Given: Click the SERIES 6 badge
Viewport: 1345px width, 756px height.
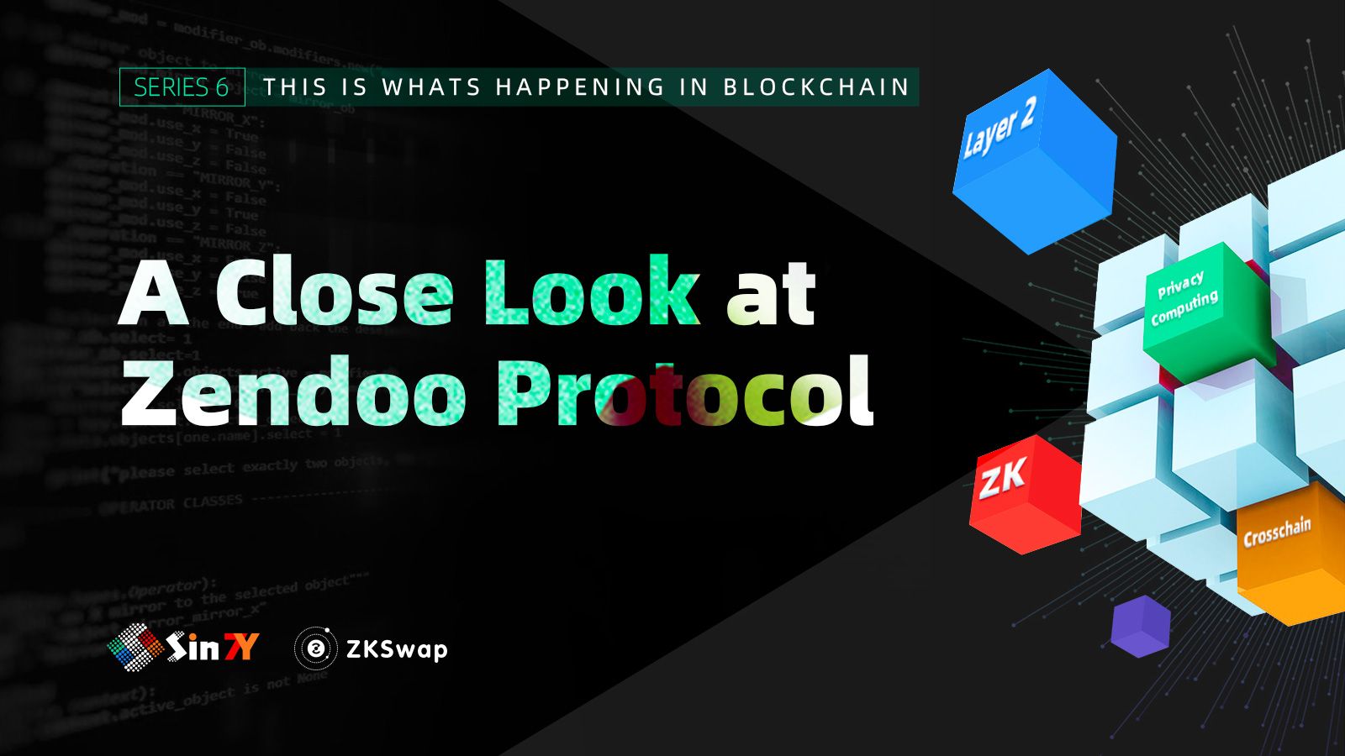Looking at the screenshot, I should coord(182,87).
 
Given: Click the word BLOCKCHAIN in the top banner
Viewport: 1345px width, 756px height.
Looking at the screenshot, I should coord(816,87).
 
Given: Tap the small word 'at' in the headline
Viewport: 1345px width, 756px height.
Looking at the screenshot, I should coord(772,294).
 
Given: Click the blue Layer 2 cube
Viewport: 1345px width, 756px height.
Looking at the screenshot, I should coord(1034,160).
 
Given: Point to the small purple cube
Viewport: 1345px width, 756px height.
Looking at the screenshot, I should coord(1140,626).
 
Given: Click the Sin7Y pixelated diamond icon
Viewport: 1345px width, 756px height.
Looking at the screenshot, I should coord(134,648).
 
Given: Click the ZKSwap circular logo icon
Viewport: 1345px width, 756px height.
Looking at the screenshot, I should coord(316,648).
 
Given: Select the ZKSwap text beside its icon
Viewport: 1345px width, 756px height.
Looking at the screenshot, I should coord(397,649).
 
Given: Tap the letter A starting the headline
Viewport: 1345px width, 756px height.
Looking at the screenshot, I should coord(153,294).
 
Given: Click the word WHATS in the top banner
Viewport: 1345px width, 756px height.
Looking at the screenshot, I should coord(431,87).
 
